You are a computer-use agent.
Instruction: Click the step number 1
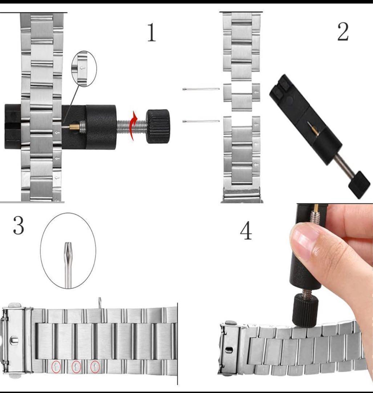click(151, 32)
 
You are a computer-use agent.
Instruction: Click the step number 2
click(343, 32)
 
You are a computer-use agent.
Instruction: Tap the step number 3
click(19, 226)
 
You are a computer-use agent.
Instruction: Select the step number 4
click(246, 231)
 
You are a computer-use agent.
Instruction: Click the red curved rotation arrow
click(134, 125)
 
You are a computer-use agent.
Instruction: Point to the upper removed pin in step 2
click(201, 89)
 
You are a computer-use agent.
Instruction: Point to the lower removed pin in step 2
click(201, 121)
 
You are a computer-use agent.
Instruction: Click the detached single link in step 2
click(242, 97)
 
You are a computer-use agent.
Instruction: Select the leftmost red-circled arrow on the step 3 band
click(56, 367)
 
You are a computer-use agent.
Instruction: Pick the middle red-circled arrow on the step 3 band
click(76, 367)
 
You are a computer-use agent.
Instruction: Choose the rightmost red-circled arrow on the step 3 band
click(95, 367)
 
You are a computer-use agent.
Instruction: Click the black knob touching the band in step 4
click(305, 311)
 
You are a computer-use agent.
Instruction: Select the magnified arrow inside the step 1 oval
click(82, 68)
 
